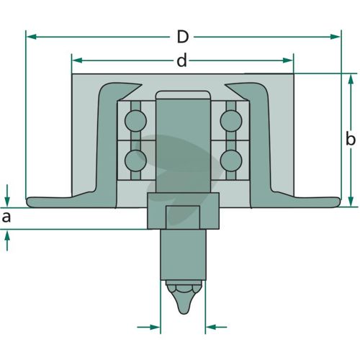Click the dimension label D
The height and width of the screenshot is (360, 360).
(183, 37)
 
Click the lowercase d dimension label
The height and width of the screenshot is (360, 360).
(181, 60)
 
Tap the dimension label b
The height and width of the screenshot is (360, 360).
(351, 139)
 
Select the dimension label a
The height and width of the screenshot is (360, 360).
(6, 217)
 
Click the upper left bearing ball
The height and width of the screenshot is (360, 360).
(135, 121)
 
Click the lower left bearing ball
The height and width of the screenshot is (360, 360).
(135, 161)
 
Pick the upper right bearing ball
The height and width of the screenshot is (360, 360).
(231, 121)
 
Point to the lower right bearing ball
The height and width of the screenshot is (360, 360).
(231, 161)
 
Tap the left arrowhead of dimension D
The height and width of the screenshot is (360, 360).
(31, 37)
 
